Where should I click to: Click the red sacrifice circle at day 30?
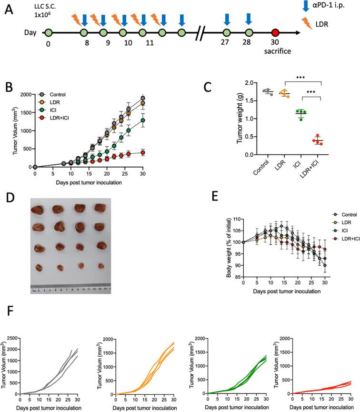(275, 33)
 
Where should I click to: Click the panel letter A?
(8, 10)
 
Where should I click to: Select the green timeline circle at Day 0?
(48, 33)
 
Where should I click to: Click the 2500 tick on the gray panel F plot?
(13, 338)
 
